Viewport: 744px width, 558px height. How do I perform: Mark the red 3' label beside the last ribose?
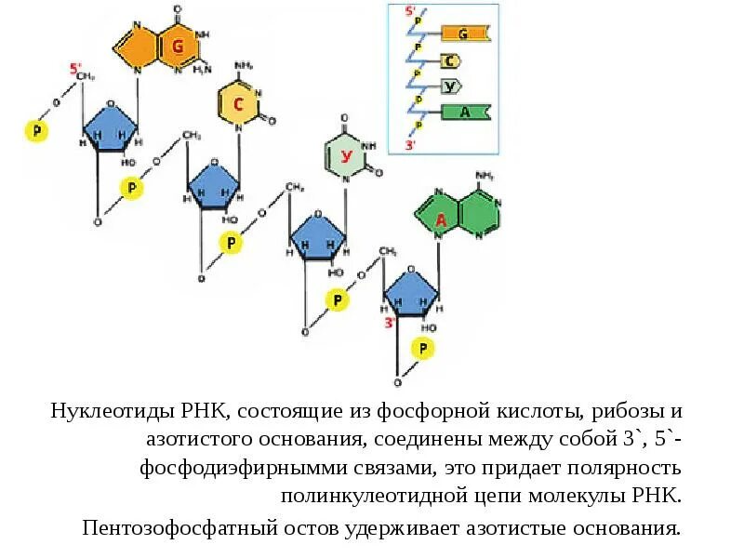pos(391,322)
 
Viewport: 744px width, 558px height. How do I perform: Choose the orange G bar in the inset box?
pos(461,34)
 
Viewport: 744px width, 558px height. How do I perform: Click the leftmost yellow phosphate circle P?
pos(35,130)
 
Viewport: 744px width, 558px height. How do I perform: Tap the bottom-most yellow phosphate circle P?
pos(423,349)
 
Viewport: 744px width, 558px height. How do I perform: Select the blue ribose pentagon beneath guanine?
pos(111,127)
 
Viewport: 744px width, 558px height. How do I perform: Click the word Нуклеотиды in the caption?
pos(104,411)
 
